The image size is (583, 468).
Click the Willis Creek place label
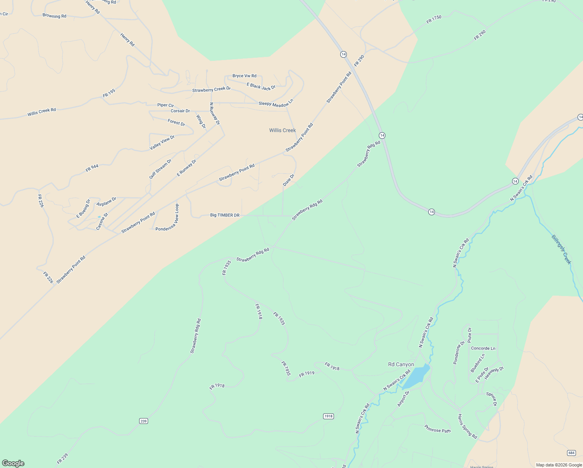[282, 130]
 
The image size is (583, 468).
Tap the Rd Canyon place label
[401, 365]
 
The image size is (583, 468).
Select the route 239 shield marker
[143, 421]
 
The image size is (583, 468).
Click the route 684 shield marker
[571, 453]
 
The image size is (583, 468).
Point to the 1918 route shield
[329, 416]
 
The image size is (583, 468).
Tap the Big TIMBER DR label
[224, 215]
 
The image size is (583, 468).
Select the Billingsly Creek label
[562, 250]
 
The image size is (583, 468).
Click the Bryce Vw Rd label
[244, 76]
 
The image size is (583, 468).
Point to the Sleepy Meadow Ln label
[276, 103]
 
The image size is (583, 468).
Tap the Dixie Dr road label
[289, 180]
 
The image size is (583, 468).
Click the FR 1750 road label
[434, 19]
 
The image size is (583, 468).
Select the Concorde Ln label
[483, 348]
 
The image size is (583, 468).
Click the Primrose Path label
[437, 429]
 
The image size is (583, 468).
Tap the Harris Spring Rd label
[467, 426]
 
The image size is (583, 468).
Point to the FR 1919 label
[307, 374]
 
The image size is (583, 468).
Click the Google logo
[13, 463]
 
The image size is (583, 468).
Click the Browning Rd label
[54, 16]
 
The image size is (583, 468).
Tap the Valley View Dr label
[162, 143]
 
